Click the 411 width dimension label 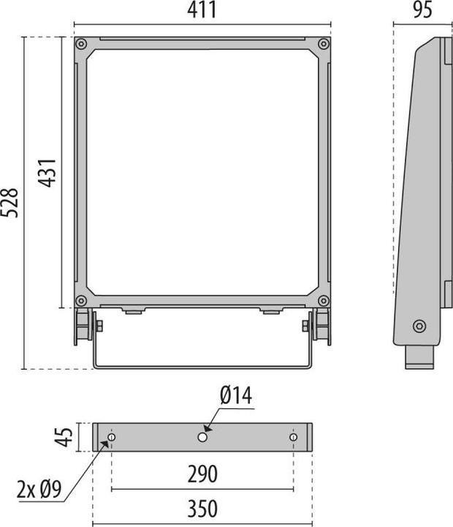202,10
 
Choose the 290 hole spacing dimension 202,474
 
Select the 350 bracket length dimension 202,509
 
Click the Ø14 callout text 236,397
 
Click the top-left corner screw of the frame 81,44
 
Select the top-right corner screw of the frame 323,44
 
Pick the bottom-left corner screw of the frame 81,301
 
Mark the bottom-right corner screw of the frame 323,301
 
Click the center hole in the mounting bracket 202,437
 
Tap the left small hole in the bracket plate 111,437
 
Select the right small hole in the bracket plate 293,437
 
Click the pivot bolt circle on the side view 418,326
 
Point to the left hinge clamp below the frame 83,326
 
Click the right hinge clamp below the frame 320,326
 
